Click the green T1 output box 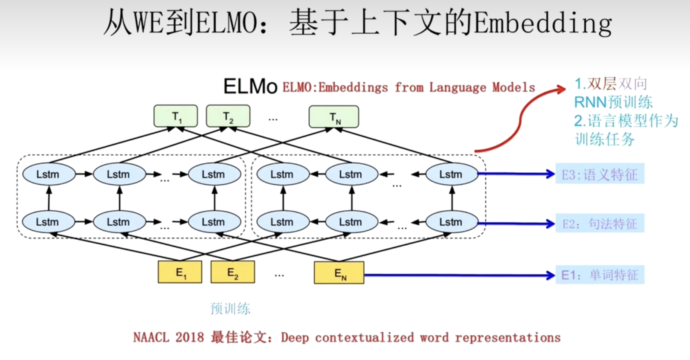(x=176, y=116)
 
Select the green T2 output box (x=228, y=116)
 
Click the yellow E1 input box (x=180, y=272)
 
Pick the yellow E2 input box (x=233, y=272)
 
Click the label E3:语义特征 (x=600, y=174)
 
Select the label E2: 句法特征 (x=600, y=224)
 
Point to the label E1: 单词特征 (x=600, y=275)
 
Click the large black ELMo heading (x=250, y=87)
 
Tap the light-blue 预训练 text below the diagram (x=230, y=308)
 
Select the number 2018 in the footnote (x=190, y=337)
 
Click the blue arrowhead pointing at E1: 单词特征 (x=551, y=275)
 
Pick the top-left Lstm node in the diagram (x=49, y=174)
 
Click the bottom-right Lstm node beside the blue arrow (x=452, y=222)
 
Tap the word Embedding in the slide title (x=542, y=23)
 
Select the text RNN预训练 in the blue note (x=613, y=102)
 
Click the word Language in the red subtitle (x=457, y=87)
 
